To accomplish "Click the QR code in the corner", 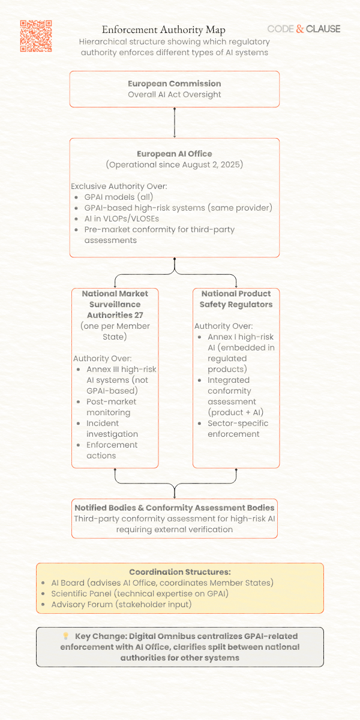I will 36,36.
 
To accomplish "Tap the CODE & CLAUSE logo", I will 304,29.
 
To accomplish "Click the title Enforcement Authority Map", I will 164,29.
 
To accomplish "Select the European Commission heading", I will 174,83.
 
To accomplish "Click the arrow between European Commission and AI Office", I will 175,123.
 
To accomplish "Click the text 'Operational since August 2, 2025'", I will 175,164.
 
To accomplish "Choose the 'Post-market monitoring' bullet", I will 111,407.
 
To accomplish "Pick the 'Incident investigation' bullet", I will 112,428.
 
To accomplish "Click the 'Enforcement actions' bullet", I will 112,450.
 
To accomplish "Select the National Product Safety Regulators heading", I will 236,299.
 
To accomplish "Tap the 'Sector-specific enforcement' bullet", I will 238,428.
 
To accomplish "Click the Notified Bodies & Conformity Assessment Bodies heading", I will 174,508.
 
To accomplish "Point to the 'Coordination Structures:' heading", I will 180,572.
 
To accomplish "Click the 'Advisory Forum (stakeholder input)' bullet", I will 121,604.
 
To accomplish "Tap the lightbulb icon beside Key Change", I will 66,636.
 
